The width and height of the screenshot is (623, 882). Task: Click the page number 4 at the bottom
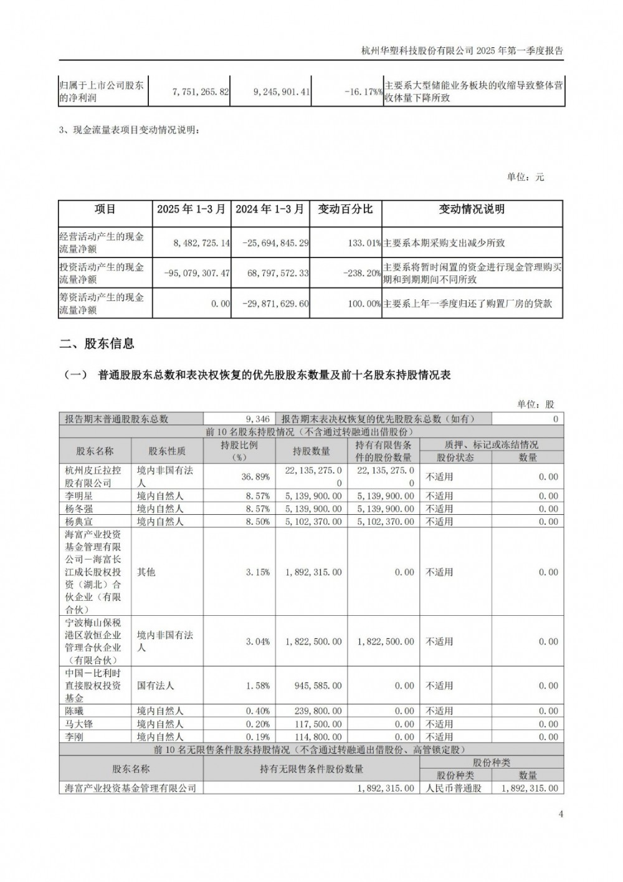[561, 814]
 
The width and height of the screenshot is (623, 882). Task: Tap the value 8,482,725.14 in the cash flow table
[193, 242]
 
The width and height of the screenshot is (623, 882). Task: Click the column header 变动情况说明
[472, 209]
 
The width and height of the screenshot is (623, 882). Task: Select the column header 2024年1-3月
[270, 209]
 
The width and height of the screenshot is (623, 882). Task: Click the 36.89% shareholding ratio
[255, 477]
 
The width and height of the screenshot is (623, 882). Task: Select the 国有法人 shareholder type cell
[155, 686]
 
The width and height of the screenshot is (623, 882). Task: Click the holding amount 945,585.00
[318, 686]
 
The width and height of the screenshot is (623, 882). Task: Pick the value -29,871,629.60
[270, 304]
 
